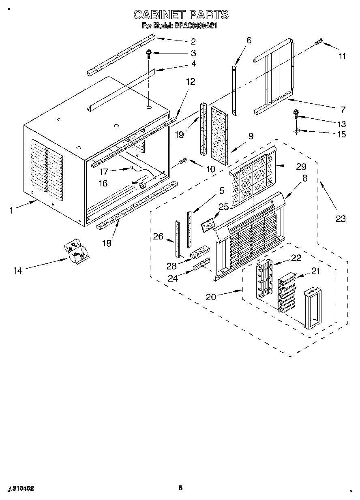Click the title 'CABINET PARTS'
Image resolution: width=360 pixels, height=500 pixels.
click(x=181, y=15)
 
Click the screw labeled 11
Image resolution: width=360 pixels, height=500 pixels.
click(x=319, y=41)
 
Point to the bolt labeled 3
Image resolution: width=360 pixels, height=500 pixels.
click(x=149, y=53)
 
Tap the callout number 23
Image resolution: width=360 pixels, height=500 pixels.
click(x=341, y=219)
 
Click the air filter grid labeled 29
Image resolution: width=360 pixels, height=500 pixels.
click(x=252, y=178)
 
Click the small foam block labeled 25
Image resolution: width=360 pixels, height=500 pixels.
click(x=208, y=224)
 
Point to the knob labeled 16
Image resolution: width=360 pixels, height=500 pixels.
click(x=142, y=185)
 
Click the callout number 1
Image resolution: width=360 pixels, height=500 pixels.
click(x=11, y=210)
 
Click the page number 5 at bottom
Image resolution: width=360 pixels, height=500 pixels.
click(x=180, y=488)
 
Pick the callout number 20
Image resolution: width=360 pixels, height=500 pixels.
click(x=211, y=297)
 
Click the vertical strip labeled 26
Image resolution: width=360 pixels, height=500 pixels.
click(x=177, y=239)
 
